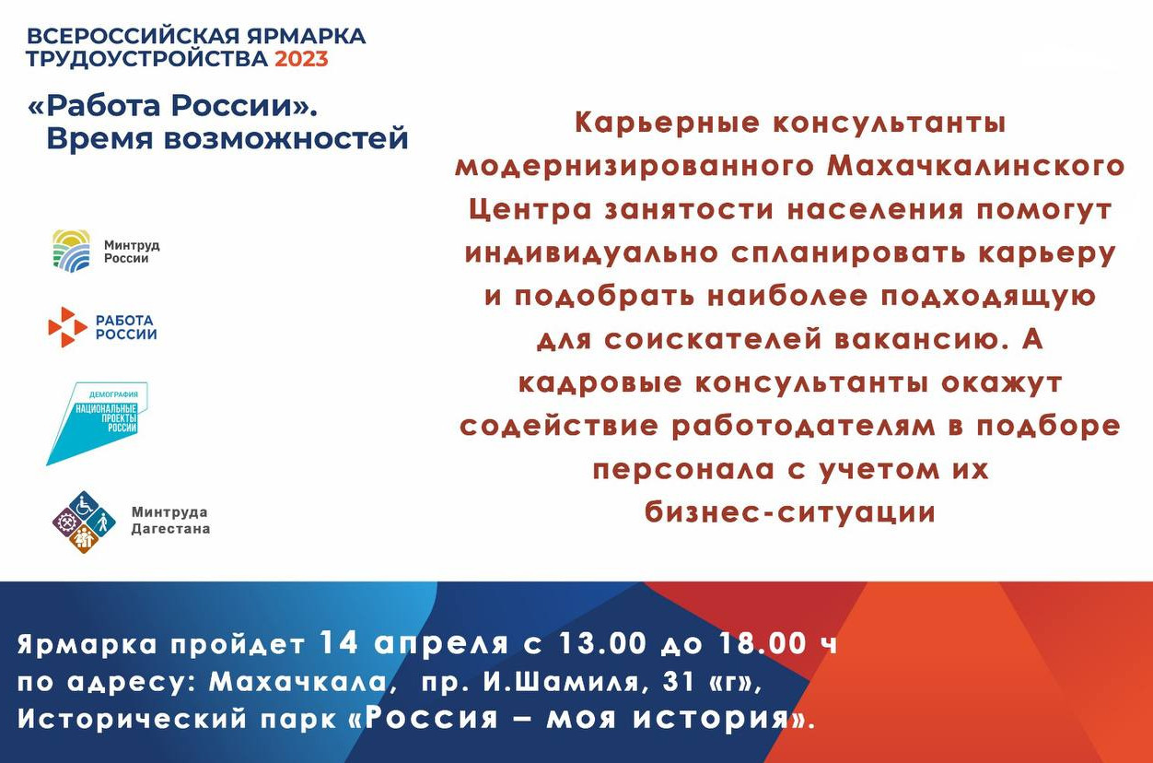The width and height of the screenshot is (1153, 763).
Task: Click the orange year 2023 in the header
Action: tap(301, 59)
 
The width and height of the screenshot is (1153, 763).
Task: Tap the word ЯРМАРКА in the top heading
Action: tap(307, 36)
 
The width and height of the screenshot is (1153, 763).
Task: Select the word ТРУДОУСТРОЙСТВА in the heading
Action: tap(146, 59)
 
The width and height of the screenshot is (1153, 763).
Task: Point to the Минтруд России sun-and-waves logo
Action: tap(72, 251)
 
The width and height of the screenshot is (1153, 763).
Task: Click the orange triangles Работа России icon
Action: tap(67, 327)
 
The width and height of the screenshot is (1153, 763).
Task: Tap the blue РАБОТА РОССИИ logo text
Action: tap(126, 327)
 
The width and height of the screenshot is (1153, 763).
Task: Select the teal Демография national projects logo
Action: tap(97, 423)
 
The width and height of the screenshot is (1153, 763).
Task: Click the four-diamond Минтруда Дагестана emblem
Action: tap(85, 522)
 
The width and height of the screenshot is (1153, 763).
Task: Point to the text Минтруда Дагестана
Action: tap(170, 521)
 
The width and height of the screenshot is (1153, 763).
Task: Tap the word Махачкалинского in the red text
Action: tap(975, 167)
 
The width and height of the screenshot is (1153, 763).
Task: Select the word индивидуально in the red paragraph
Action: tap(591, 253)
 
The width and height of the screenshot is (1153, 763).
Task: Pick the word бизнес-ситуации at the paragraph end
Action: tap(789, 513)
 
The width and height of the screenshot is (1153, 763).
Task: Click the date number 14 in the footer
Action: tap(339, 643)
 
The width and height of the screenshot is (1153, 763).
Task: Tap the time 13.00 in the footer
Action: tap(602, 643)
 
